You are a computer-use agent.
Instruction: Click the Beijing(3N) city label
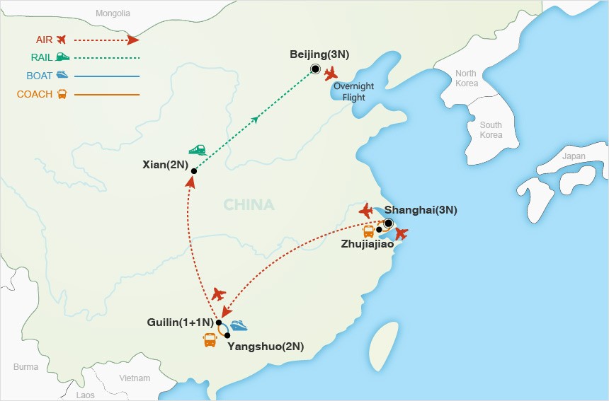tap(320, 54)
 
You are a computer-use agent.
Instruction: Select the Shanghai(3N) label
tap(421, 210)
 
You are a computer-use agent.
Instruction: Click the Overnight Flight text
tap(354, 92)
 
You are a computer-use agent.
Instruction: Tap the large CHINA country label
tap(249, 205)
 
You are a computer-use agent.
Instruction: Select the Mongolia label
tap(113, 13)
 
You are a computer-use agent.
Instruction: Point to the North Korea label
tap(466, 79)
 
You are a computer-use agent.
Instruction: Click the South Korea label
tap(491, 130)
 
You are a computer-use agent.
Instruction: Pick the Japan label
tap(574, 157)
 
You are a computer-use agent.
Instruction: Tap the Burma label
tap(25, 366)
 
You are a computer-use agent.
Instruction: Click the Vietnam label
tap(135, 378)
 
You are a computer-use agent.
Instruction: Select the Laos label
tap(85, 395)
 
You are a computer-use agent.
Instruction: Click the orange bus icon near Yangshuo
tap(210, 340)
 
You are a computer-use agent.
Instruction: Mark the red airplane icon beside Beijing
tap(331, 74)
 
